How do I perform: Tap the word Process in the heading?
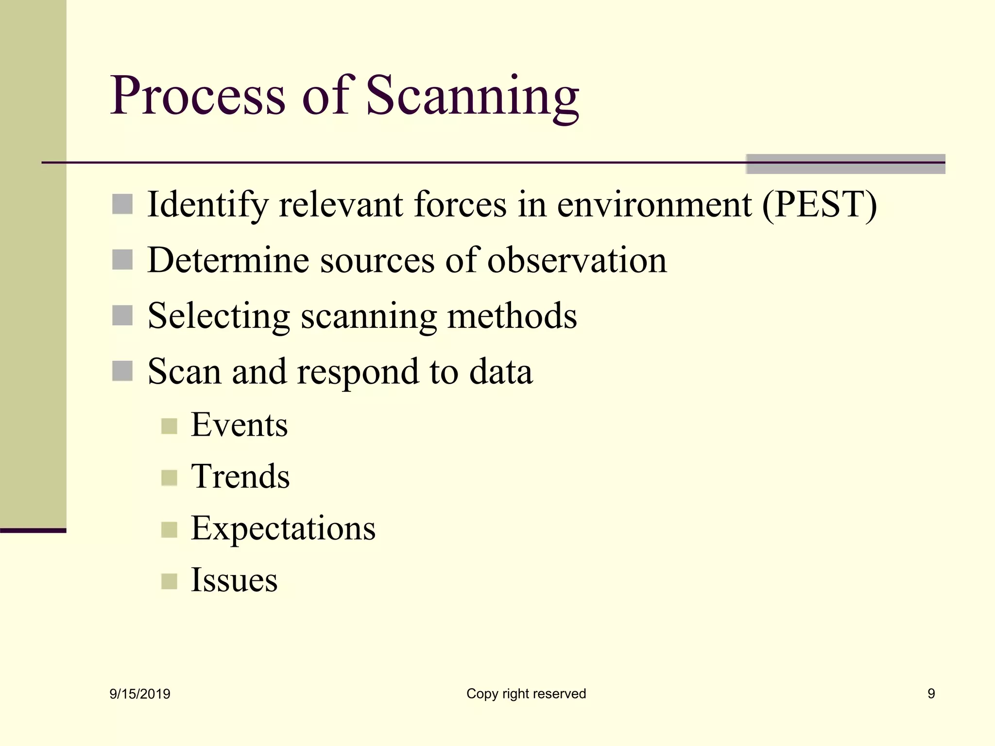click(198, 96)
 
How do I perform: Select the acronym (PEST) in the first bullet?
click(819, 204)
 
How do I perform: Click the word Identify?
click(207, 204)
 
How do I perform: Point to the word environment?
click(654, 204)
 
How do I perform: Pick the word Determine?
click(228, 260)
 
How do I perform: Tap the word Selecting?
click(219, 316)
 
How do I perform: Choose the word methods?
click(512, 316)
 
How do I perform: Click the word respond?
click(358, 372)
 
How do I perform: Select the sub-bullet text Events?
click(239, 425)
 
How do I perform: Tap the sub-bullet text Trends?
click(240, 476)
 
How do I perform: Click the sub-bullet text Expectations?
click(283, 528)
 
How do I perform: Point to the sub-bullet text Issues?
click(234, 580)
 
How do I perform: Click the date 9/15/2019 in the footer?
click(140, 694)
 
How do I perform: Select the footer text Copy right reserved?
click(526, 694)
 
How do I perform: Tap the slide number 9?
click(931, 694)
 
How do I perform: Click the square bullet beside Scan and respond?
click(122, 371)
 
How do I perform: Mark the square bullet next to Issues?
click(169, 581)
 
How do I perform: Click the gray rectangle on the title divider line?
click(845, 164)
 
